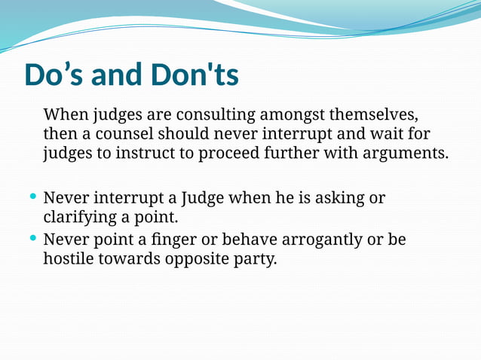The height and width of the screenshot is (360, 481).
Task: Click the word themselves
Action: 374,115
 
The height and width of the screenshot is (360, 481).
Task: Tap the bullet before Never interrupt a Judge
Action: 32,197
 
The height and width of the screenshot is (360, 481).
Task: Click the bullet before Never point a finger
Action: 32,239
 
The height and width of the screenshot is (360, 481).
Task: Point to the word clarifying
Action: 79,218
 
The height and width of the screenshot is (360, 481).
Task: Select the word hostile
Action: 69,260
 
